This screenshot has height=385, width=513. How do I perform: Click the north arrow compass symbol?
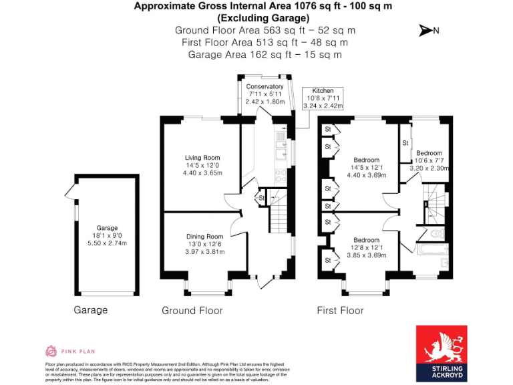(428, 30)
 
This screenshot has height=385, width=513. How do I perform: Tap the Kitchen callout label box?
(323, 98)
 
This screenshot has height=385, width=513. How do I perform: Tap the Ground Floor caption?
(192, 311)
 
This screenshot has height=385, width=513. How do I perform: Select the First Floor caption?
(341, 311)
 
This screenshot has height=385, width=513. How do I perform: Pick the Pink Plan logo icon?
(51, 350)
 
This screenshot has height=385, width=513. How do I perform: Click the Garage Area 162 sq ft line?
(265, 55)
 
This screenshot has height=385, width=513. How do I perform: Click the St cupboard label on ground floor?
(262, 198)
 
